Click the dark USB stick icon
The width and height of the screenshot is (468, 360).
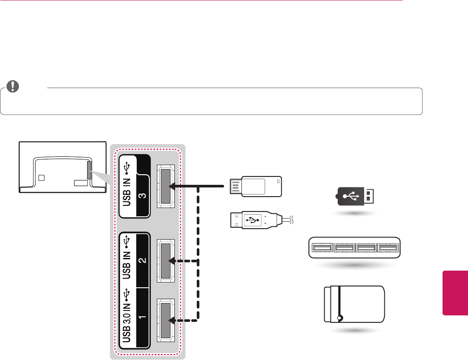(355, 196)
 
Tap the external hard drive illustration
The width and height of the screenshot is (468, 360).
(354, 304)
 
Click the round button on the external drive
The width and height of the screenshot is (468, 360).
(340, 318)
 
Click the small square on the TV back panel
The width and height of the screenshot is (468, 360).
(41, 178)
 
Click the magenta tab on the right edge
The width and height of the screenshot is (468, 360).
(455, 293)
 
